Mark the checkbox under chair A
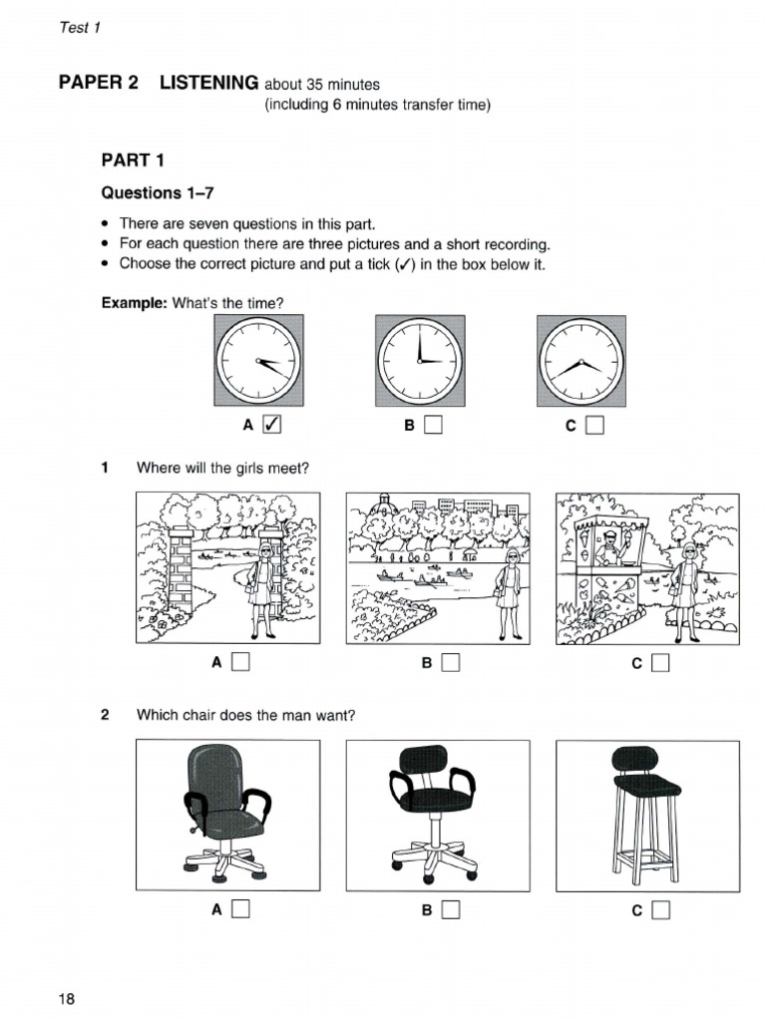point(239,909)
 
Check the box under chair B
point(450,909)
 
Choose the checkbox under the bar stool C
point(660,909)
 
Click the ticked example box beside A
point(269,426)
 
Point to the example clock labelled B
point(419,359)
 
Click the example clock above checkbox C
point(580,359)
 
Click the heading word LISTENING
point(209,84)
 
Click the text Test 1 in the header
point(81,27)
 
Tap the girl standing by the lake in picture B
point(512,593)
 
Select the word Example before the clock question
point(134,303)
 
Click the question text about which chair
point(245,715)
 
